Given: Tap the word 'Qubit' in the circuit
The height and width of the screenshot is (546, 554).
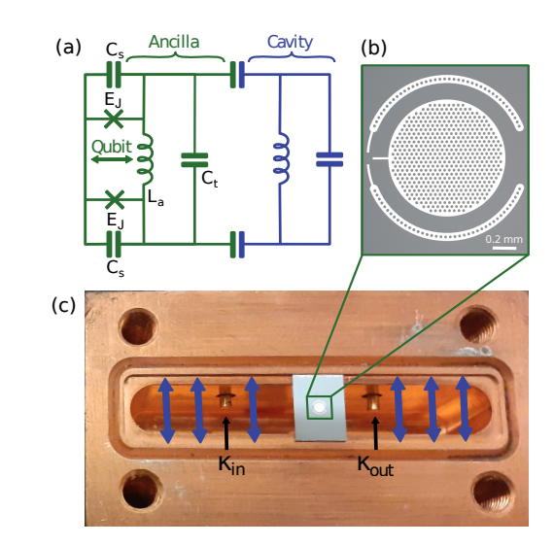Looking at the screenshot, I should (112, 140).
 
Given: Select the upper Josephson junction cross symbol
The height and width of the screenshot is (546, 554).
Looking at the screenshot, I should (114, 119).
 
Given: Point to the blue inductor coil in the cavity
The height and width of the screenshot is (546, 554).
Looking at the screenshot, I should (280, 158).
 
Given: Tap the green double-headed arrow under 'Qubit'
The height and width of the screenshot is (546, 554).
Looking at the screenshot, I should (112, 158).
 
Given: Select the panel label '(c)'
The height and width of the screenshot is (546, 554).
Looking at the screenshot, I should (66, 305).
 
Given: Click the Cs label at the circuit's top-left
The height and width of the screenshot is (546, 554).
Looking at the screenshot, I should (114, 50).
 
